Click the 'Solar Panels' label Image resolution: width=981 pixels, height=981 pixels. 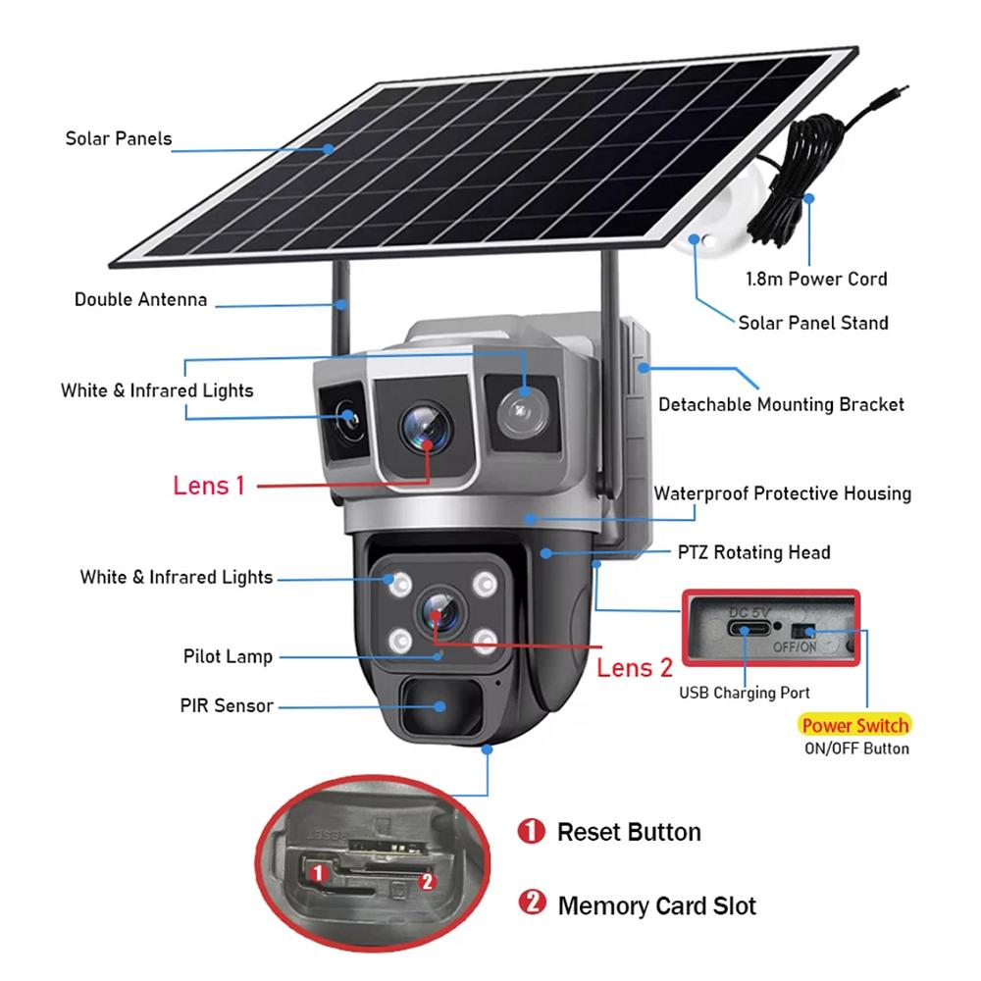click(118, 138)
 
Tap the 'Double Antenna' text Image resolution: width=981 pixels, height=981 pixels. click(140, 299)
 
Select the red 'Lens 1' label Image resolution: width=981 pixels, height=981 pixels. click(208, 485)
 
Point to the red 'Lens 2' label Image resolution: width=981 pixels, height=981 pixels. click(635, 668)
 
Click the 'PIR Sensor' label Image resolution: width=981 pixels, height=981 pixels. click(226, 705)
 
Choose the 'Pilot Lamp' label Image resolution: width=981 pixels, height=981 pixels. click(228, 656)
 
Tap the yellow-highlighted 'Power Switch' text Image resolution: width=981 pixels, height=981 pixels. click(854, 726)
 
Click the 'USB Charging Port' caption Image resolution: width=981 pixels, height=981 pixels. click(746, 694)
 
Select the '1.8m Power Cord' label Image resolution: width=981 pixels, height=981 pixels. click(816, 279)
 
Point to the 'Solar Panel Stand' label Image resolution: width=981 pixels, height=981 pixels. click(812, 323)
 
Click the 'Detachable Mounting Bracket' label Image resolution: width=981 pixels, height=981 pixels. click(781, 403)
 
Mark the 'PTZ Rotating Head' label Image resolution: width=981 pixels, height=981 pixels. click(753, 552)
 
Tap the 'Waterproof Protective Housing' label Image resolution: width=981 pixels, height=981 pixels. click(782, 493)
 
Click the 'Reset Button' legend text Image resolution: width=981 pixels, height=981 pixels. click(629, 833)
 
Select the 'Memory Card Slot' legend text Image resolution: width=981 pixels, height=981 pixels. click(656, 905)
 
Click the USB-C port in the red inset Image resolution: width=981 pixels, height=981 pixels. click(748, 628)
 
